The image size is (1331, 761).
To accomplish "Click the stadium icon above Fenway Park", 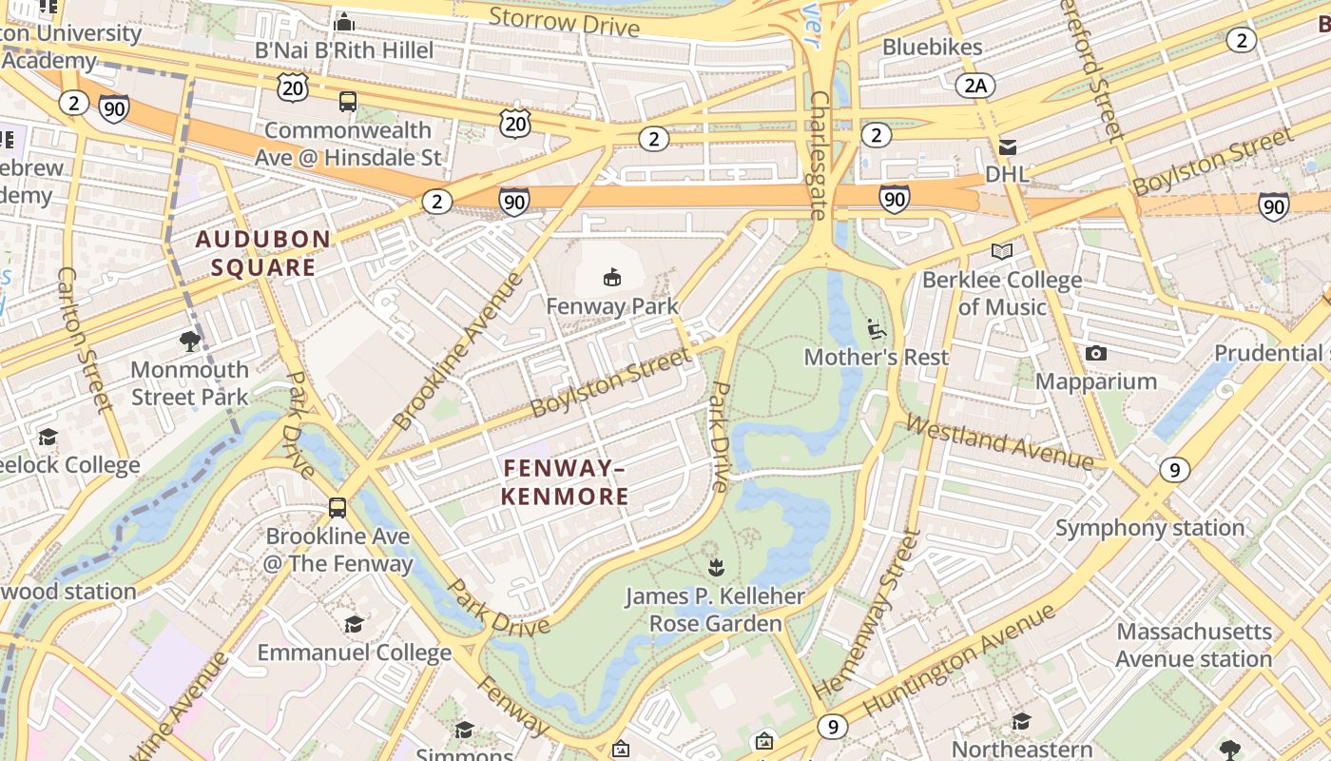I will coord(611,278).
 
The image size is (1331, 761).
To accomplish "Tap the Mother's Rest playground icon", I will coord(877,329).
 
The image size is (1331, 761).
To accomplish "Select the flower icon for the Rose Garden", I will coord(715,568).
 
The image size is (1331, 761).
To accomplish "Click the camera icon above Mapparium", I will coord(1095,354).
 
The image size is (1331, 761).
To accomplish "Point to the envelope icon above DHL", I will coord(1007,146).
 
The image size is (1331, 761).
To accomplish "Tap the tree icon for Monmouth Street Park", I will coord(190,341).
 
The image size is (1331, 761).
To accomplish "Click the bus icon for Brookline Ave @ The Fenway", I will coord(337,508).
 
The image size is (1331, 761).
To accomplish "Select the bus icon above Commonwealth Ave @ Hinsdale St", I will coord(348,102).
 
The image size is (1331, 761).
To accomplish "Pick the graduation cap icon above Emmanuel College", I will coord(354,625).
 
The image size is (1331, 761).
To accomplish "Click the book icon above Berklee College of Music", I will coord(1001,252).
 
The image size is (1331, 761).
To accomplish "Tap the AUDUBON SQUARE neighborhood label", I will coord(262,253).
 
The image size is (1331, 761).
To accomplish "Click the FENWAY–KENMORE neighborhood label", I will coord(565,482).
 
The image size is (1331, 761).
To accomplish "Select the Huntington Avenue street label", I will coord(960,659).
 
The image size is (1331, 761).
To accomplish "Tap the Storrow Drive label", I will coord(564,21).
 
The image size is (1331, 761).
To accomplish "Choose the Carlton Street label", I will coord(85,340).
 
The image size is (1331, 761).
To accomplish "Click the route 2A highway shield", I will coord(975,86).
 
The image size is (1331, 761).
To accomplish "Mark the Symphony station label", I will coord(1149,528).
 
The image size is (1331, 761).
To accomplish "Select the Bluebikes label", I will coord(932,47).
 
